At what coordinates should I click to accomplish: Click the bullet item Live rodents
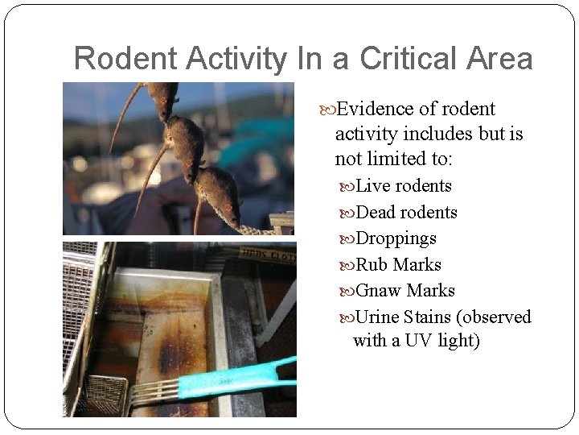[403, 186]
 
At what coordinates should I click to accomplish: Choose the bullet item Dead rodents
[406, 213]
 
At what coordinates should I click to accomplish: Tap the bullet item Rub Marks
[398, 265]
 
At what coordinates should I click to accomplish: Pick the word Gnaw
[378, 291]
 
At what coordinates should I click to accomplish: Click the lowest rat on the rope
[218, 193]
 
